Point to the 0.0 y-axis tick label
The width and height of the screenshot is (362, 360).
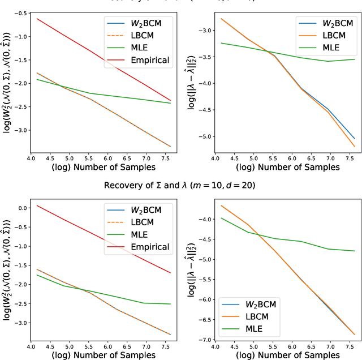point(22,208)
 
